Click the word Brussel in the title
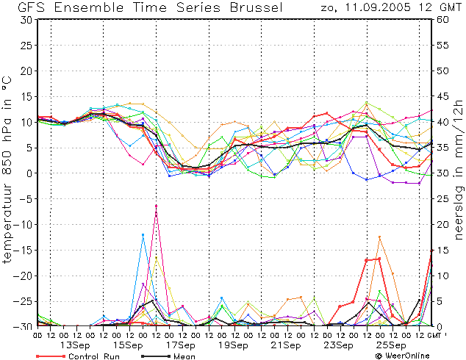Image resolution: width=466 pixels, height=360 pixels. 257,7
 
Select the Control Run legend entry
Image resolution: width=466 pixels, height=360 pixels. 78,356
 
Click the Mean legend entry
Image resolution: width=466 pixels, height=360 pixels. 168,356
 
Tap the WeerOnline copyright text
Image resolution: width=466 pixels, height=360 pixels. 403,356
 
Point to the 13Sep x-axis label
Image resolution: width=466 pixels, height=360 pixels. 75,345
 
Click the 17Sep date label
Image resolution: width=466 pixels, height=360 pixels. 180,345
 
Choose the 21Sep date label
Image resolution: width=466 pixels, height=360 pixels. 286,345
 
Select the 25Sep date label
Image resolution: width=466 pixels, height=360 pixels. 391,345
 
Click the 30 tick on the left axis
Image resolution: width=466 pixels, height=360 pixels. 26,20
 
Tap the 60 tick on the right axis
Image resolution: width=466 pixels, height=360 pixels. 442,20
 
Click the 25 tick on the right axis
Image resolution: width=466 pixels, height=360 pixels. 442,198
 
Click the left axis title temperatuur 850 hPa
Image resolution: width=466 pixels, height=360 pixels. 7,169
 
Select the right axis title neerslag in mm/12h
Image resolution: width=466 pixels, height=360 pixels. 459,169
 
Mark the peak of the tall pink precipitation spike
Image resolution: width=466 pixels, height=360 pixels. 156,206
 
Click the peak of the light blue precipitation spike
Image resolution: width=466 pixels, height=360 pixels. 143,234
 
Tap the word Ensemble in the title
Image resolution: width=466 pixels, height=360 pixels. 89,7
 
